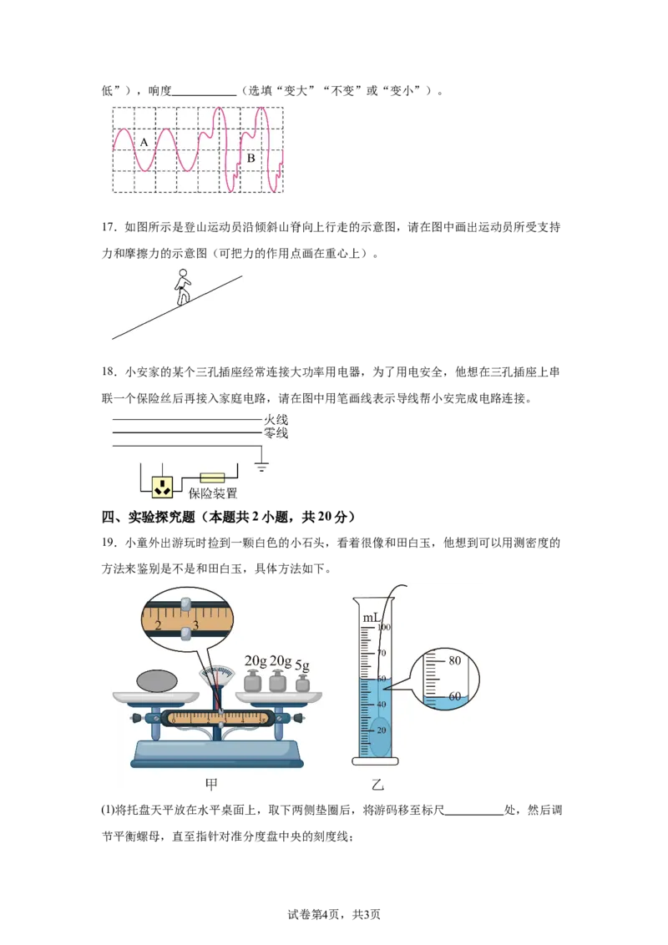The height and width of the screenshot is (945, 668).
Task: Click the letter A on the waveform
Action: tap(144, 142)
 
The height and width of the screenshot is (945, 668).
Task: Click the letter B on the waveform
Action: tap(250, 158)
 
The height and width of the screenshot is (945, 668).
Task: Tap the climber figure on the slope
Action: tap(182, 287)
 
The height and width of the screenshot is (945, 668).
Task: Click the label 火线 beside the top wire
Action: tap(276, 419)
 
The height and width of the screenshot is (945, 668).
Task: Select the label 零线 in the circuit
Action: tap(276, 432)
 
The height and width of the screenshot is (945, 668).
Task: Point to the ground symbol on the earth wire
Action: tap(261, 465)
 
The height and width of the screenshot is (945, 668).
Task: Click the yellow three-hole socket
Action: tap(162, 487)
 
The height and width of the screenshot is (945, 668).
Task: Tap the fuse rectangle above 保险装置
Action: tap(212, 478)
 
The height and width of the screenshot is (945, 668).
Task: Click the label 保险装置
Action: tap(213, 493)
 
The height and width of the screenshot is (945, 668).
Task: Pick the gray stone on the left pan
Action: tap(157, 681)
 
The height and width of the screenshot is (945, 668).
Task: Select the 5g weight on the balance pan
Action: tap(302, 684)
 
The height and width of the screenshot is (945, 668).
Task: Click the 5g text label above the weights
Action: tap(302, 665)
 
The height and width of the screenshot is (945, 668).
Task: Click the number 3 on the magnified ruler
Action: tap(195, 625)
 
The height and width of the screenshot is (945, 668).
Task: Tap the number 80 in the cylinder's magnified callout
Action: tap(454, 660)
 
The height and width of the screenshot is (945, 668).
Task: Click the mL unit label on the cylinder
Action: tap(371, 618)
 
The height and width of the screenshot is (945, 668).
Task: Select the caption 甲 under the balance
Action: tap(211, 784)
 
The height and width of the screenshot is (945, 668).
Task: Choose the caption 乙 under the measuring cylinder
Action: tap(377, 784)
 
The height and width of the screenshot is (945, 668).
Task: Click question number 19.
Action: tap(109, 543)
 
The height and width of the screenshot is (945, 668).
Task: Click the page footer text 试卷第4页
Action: tap(313, 914)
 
